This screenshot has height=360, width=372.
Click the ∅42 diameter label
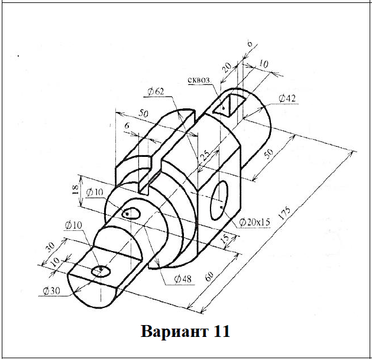[286, 98]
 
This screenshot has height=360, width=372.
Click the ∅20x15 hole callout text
[255, 222]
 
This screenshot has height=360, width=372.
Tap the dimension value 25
[205, 157]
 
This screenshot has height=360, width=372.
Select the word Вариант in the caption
[169, 330]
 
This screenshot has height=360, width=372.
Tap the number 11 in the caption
[218, 330]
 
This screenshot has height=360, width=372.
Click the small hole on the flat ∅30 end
[101, 271]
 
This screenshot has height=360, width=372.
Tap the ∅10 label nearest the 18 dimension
[94, 192]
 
